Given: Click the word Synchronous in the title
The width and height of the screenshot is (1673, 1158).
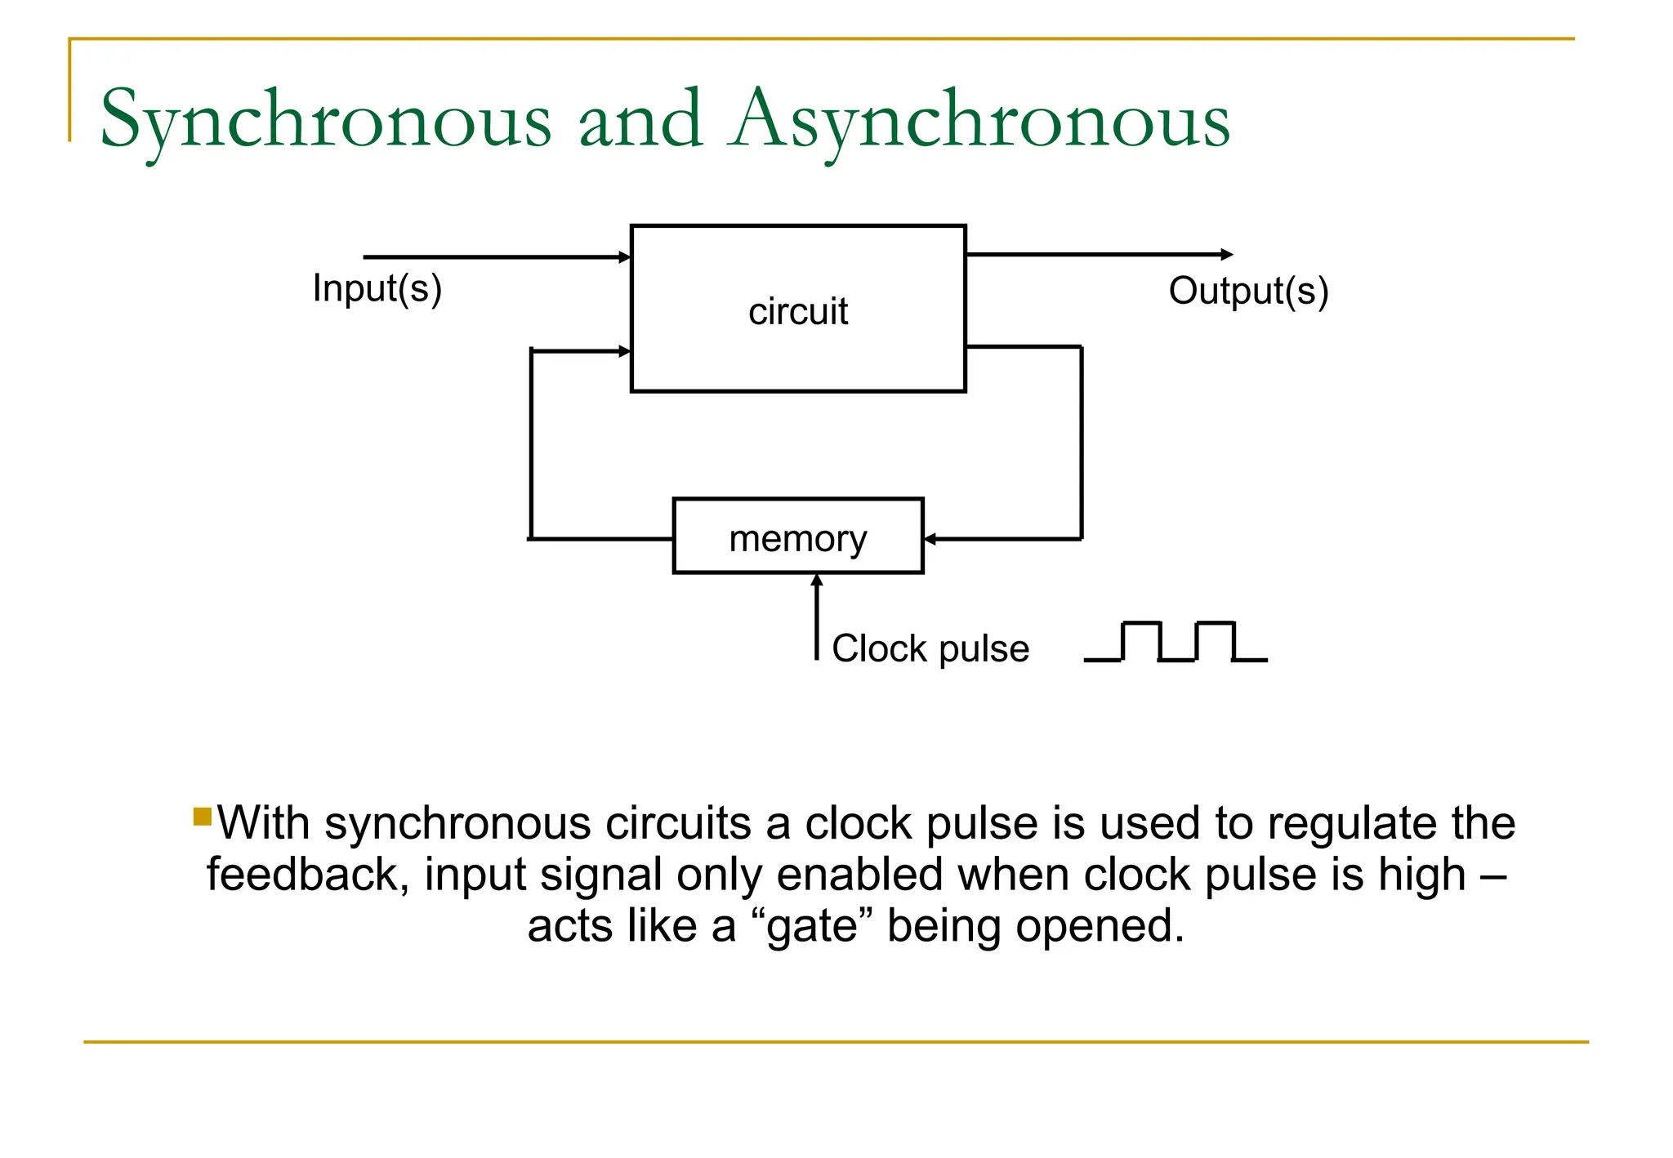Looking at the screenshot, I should coord(325,121).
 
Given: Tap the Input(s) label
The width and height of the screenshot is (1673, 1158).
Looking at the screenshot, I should coord(377,288).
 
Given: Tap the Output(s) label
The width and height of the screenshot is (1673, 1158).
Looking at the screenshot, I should coord(1248,291).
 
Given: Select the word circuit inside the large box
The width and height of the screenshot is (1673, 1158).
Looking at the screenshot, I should coord(798,311).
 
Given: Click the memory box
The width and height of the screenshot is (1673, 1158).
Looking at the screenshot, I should coord(798,537).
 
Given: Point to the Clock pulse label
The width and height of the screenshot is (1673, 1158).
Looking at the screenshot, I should coord(930,648).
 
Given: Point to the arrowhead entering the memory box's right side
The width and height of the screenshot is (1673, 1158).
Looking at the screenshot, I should coord(930,539).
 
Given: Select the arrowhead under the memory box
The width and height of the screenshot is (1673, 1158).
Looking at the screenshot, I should coord(817,580).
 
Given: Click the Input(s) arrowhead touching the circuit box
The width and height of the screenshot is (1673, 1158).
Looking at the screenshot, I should coord(625,257).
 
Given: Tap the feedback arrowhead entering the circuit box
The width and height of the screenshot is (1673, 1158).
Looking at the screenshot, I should coord(625,351).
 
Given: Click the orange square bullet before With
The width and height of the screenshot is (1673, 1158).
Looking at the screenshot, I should coord(203,816).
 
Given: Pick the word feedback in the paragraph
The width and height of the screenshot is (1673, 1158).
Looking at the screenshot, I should coord(307,875).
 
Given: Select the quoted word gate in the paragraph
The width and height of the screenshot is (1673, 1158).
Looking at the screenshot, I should coord(813,927).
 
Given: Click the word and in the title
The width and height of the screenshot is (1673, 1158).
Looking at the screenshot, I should coord(640,121).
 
